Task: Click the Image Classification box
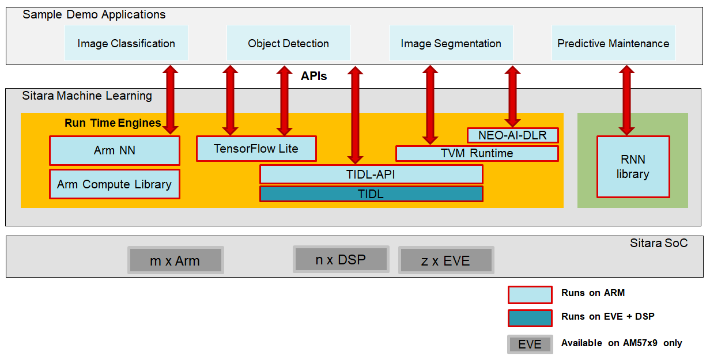(126, 43)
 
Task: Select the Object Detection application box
(288, 43)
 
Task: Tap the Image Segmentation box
(451, 43)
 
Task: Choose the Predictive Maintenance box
(613, 43)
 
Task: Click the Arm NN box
(114, 150)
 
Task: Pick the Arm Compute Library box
(114, 184)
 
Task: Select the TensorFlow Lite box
(256, 149)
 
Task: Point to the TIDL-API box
(371, 174)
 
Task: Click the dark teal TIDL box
(371, 194)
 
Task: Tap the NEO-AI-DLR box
(512, 135)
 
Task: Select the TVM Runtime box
(477, 153)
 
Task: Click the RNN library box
(633, 167)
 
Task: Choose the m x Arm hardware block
(175, 260)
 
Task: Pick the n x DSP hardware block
(341, 259)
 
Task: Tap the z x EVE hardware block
(445, 260)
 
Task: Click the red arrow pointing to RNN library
(627, 100)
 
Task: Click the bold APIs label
(314, 76)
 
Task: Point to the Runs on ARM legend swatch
(530, 294)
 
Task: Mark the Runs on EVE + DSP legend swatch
(530, 318)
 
